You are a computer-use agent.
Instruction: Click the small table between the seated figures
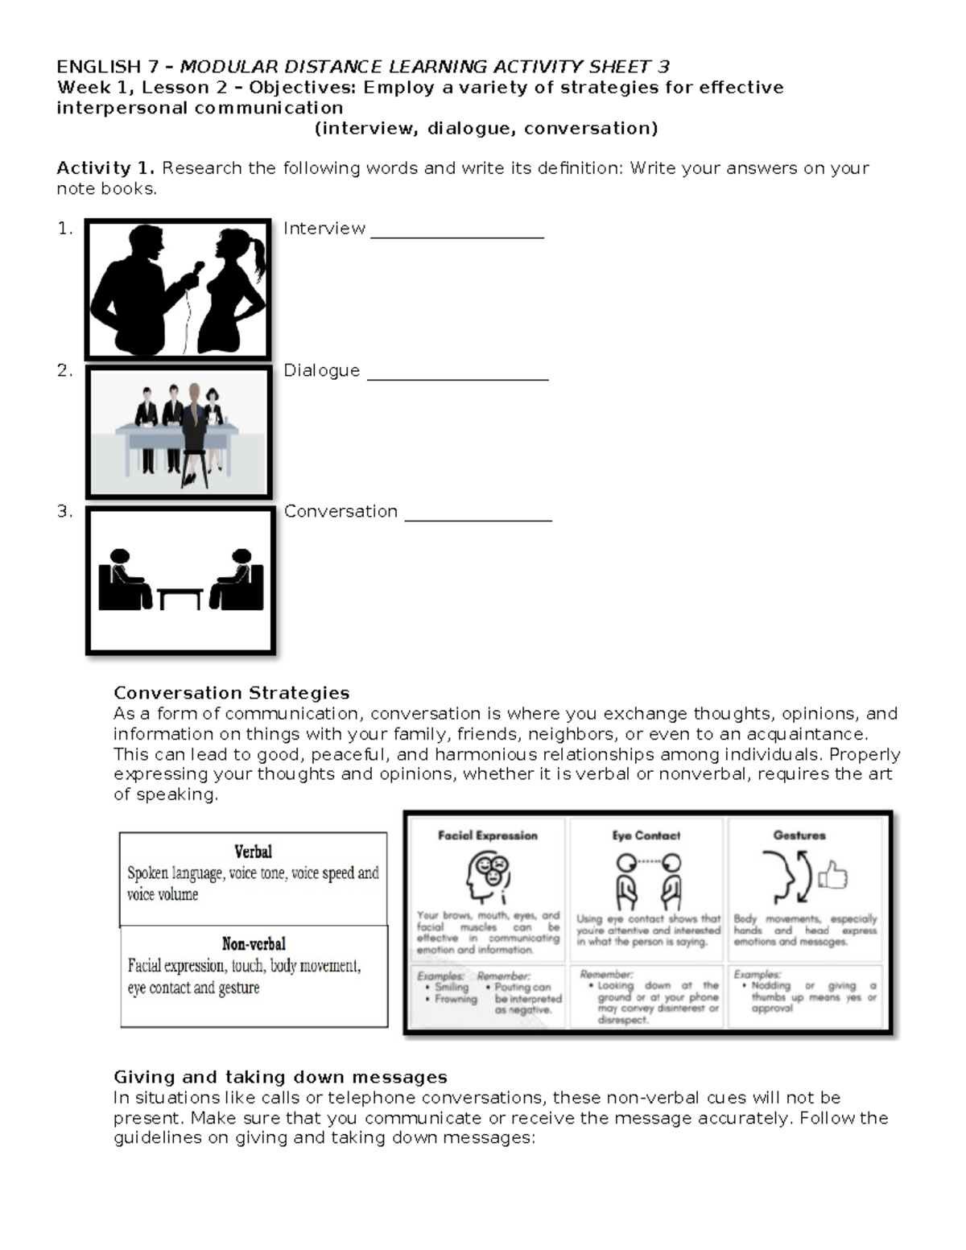[x=180, y=597]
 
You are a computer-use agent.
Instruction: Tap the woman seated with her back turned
[x=194, y=435]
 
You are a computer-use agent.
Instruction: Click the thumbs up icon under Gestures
[x=833, y=875]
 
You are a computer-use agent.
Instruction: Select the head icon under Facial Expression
[x=487, y=878]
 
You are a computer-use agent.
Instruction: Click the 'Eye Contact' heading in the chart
[x=646, y=835]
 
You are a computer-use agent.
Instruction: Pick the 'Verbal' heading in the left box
[x=253, y=852]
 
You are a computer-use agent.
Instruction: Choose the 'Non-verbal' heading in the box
[x=254, y=943]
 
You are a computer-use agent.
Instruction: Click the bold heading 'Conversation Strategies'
[x=231, y=693]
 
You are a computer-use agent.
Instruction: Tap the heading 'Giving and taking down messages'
[x=279, y=1077]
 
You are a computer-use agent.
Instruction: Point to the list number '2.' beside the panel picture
[x=65, y=371]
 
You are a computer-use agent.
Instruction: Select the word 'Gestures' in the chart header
[x=799, y=835]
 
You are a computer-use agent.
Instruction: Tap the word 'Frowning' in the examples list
[x=456, y=999]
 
